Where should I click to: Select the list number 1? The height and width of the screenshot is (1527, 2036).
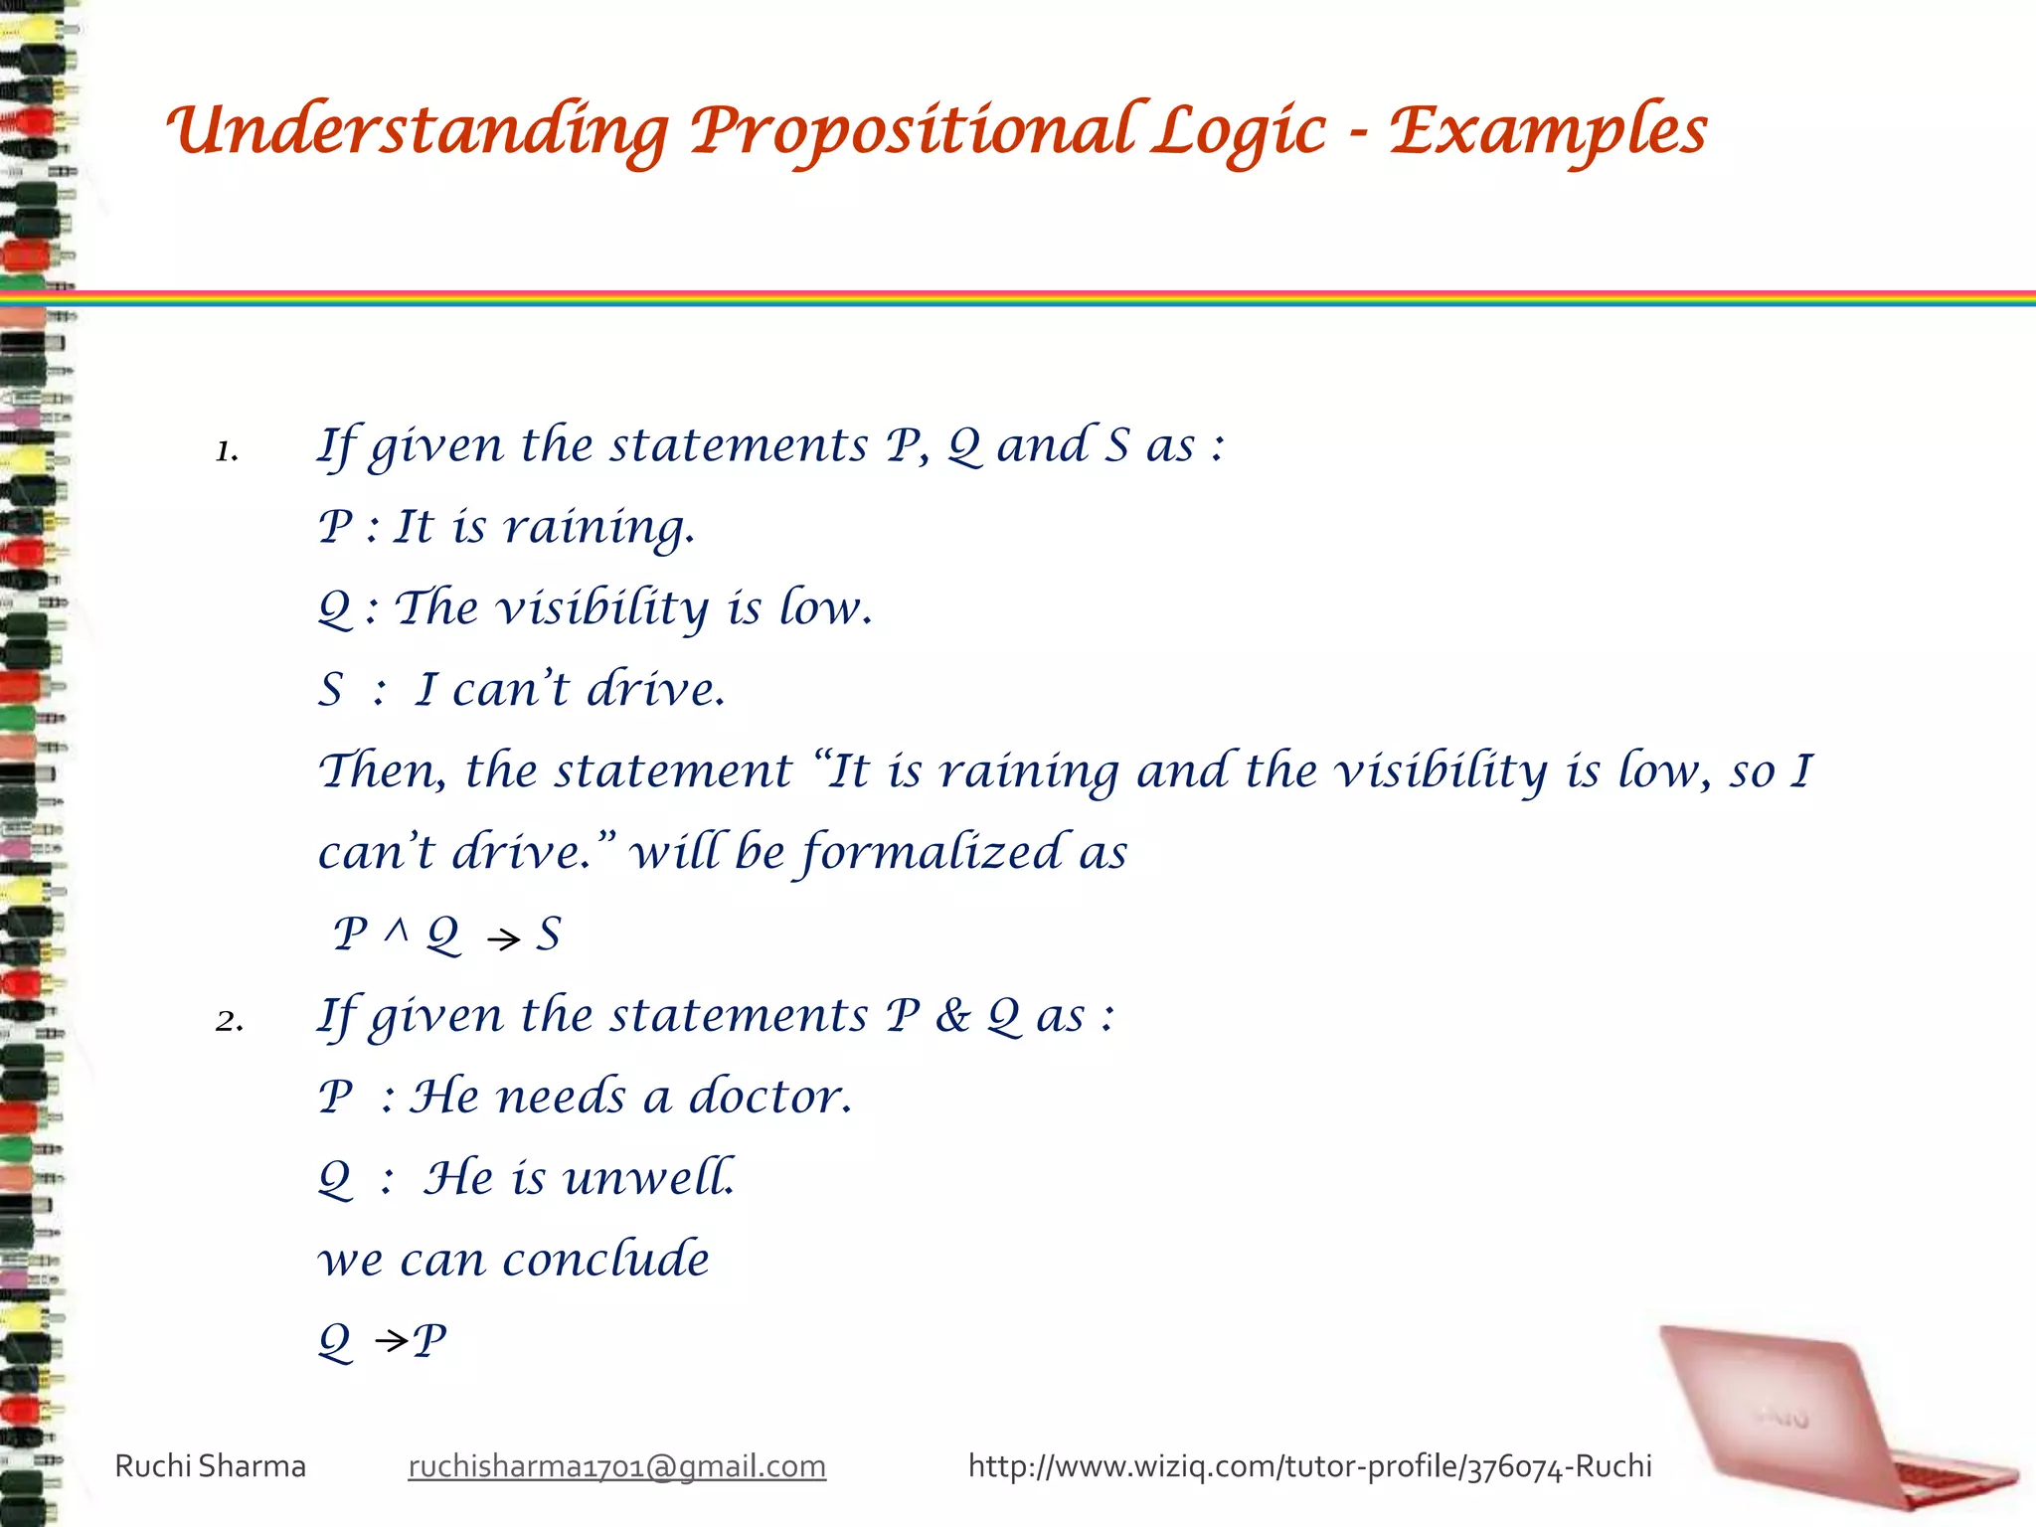227,451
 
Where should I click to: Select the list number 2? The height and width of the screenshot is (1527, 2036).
229,1021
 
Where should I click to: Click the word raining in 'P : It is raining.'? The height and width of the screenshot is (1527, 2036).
598,527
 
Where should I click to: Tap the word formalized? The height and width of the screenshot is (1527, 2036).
933,853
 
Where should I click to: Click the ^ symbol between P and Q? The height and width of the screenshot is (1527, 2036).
398,931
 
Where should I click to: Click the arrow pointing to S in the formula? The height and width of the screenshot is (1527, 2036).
504,938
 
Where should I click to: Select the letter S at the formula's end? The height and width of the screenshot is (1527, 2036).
550,933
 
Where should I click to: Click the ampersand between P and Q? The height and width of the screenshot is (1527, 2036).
952,1016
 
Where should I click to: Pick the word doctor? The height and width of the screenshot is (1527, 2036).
770,1097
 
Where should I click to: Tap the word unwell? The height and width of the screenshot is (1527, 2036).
649,1178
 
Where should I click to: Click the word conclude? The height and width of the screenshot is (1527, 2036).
605,1260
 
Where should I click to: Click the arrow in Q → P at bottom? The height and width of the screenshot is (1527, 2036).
391,1342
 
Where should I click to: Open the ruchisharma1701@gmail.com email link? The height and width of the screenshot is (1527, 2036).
616,1466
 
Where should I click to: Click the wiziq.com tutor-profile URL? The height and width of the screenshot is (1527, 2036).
1309,1466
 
